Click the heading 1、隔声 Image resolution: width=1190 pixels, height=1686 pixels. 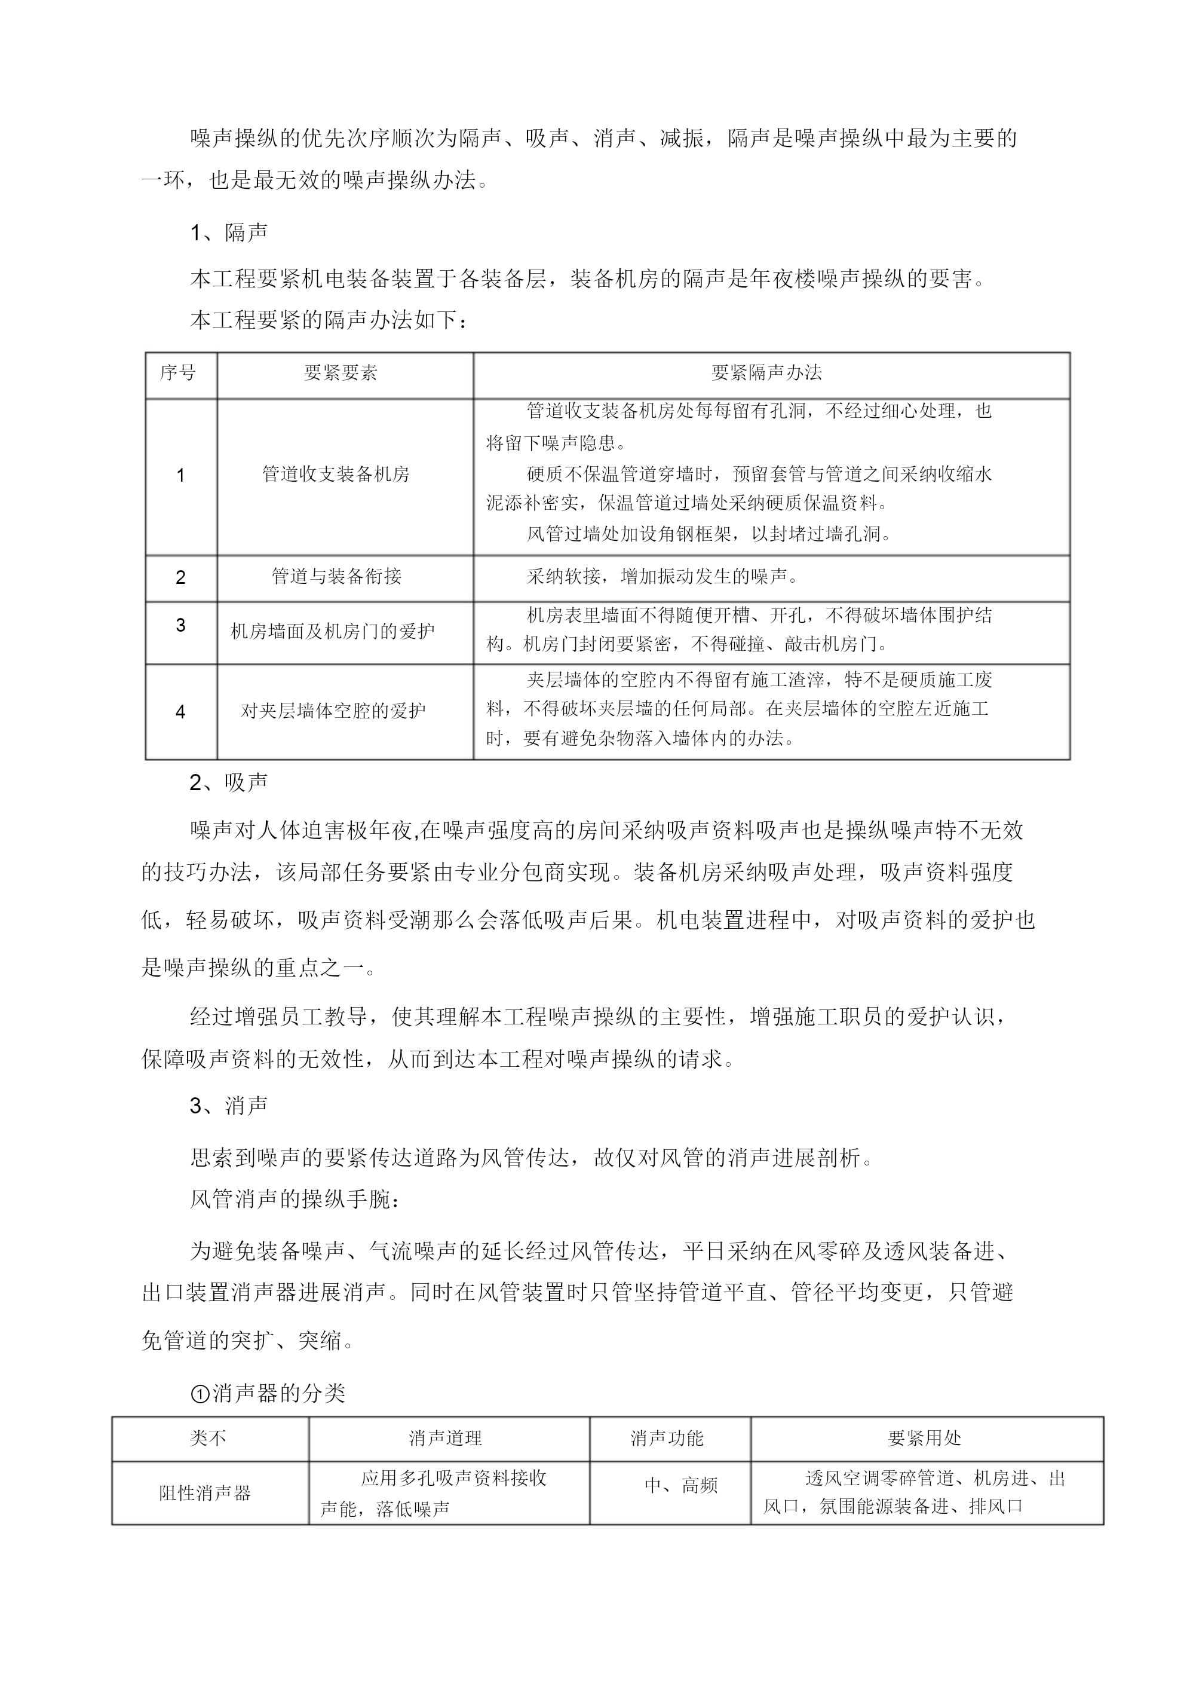tap(228, 232)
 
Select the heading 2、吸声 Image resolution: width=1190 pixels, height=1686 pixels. tap(228, 783)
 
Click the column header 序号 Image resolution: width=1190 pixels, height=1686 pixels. tap(179, 373)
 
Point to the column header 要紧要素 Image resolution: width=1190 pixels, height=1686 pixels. tap(341, 373)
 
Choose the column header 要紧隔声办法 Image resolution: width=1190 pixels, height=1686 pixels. tap(766, 373)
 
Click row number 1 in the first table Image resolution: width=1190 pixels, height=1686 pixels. tap(180, 476)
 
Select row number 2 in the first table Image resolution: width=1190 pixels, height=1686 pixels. tap(180, 578)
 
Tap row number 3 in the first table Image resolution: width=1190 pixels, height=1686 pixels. tap(180, 626)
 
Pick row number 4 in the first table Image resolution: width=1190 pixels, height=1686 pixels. tap(180, 712)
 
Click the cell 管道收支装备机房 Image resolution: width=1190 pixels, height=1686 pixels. tap(336, 475)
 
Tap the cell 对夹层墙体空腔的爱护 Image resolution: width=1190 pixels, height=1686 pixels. tap(333, 711)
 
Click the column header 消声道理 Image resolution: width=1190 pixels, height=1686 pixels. tap(446, 1439)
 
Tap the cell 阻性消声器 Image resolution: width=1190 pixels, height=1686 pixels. tap(206, 1493)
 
